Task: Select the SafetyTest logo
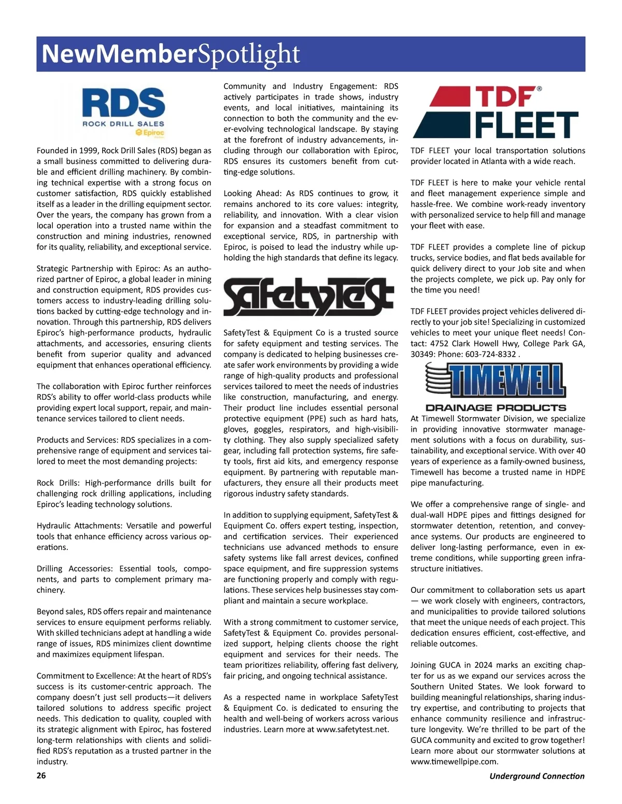[308, 297]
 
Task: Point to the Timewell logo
[495, 381]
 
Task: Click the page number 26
[41, 775]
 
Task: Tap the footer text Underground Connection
[536, 776]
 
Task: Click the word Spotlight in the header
[249, 54]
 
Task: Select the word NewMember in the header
[119, 54]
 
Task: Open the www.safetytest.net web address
[352, 729]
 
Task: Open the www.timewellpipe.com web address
[454, 762]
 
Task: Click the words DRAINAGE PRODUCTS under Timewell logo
[496, 407]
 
